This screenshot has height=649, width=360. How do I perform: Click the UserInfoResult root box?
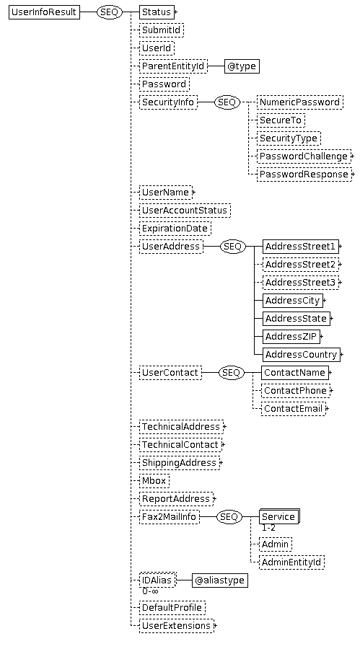[44, 12]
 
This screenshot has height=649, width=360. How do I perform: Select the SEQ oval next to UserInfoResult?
[110, 12]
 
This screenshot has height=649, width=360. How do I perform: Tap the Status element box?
[157, 12]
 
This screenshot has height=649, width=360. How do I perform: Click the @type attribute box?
[242, 66]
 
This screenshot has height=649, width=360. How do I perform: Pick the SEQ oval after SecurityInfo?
[227, 102]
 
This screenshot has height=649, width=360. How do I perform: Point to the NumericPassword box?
[300, 102]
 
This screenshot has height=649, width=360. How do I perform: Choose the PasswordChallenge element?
[304, 156]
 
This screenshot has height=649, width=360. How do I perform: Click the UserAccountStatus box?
[185, 211]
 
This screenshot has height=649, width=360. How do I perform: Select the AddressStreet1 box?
[300, 247]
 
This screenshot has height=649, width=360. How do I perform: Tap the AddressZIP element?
[291, 337]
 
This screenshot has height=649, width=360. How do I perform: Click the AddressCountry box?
[301, 355]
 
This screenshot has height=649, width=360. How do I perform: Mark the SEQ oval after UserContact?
[232, 373]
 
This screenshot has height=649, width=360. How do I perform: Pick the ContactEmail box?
[294, 409]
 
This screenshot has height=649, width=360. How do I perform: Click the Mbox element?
[154, 481]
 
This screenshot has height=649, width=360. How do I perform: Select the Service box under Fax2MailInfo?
[278, 517]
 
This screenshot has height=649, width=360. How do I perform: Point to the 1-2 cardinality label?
[268, 528]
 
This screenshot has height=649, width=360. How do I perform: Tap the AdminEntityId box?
[291, 562]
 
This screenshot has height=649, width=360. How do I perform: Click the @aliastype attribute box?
[219, 580]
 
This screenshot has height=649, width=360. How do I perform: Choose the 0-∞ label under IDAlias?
[150, 591]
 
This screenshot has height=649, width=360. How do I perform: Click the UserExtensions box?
[177, 625]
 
